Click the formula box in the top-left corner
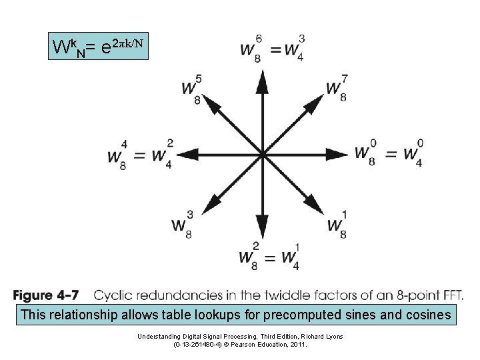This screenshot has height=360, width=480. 98,46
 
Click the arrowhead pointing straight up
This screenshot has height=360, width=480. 262,81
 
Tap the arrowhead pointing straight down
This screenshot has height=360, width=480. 262,225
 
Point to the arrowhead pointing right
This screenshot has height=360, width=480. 335,153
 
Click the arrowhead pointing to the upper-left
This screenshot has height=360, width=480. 211,103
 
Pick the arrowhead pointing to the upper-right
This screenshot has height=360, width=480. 313,103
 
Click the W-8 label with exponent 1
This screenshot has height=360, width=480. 336,223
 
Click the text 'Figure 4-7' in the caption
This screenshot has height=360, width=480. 49,295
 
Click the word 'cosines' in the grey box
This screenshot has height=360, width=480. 427,315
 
